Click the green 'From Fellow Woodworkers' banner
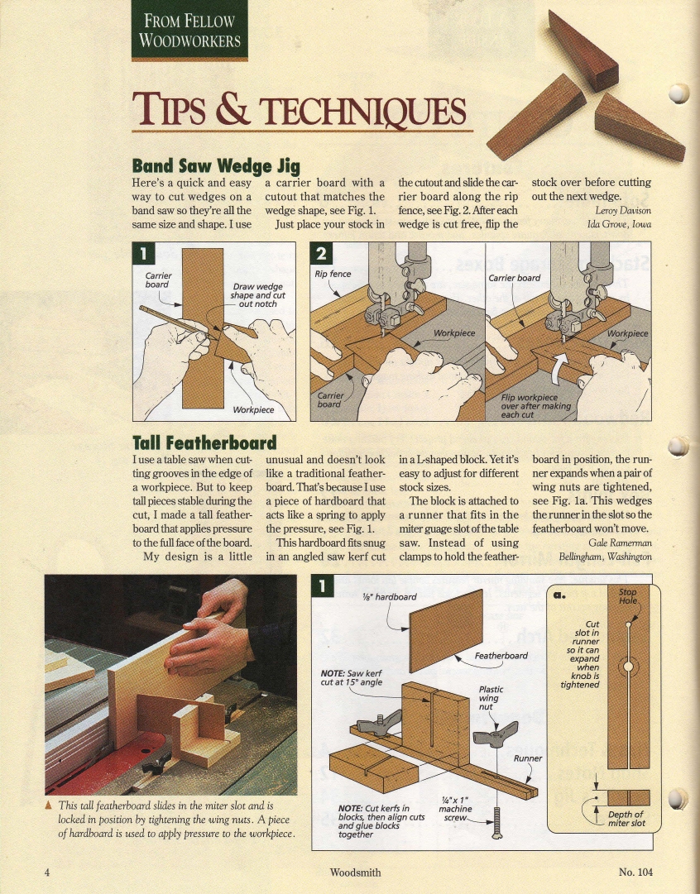(x=189, y=31)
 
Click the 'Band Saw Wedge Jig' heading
(x=216, y=166)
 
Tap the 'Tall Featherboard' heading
(x=204, y=443)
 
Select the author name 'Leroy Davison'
(x=623, y=210)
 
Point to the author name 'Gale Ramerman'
(x=620, y=543)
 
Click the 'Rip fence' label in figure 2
(x=333, y=274)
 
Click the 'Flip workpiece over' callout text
(x=535, y=406)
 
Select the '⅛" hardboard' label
(x=390, y=597)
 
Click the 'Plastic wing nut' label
(x=491, y=698)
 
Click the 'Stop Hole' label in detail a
(x=627, y=596)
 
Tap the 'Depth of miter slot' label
(x=626, y=819)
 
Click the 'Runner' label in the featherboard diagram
(x=528, y=758)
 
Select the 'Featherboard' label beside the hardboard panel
(x=501, y=656)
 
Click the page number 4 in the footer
(x=47, y=872)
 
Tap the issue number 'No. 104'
(x=635, y=872)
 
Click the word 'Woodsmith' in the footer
(x=356, y=872)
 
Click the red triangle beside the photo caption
(x=49, y=806)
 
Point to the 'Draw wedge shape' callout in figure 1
(x=258, y=295)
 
